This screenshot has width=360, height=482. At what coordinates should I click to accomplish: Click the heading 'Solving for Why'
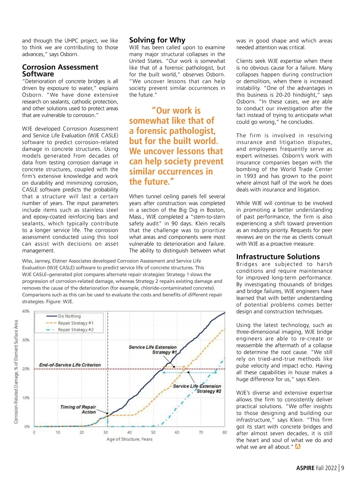click(157, 40)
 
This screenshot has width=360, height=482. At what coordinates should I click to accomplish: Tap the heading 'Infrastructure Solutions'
click(278, 257)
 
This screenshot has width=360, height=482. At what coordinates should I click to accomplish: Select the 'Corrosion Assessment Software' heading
click(60, 71)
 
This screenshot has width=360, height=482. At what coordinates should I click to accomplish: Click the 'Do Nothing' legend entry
click(69, 316)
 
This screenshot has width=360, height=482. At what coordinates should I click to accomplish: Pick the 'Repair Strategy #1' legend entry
click(76, 323)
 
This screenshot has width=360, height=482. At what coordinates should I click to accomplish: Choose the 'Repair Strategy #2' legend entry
click(76, 330)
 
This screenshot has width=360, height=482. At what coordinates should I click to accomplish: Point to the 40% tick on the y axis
click(26, 311)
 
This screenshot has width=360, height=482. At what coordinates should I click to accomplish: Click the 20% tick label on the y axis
click(26, 369)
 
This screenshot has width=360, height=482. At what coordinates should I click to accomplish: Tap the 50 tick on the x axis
click(153, 432)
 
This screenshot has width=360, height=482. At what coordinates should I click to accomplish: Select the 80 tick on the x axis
click(225, 432)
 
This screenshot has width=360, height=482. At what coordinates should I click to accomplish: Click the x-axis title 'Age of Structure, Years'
click(129, 439)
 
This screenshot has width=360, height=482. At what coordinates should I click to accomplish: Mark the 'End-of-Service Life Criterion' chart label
click(70, 365)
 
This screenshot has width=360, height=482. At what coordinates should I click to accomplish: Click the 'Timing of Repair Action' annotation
click(78, 409)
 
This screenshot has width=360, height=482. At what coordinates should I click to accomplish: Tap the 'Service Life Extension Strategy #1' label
click(153, 350)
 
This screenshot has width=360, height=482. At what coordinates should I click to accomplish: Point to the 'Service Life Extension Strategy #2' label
click(197, 389)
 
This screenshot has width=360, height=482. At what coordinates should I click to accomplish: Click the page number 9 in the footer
click(343, 468)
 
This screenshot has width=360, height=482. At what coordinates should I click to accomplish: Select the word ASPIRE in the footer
click(305, 468)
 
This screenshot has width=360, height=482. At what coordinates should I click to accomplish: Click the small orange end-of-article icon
click(298, 447)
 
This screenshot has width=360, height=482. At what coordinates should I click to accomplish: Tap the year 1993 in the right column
click(250, 176)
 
